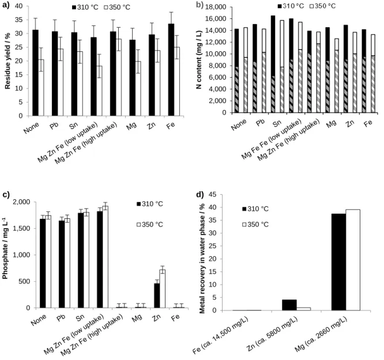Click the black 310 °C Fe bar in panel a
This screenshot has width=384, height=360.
click(171, 70)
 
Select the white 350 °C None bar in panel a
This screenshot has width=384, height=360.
click(41, 88)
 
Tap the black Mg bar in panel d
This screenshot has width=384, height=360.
click(338, 262)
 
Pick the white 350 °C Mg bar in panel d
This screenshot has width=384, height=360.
click(353, 260)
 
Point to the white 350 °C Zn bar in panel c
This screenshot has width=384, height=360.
click(163, 289)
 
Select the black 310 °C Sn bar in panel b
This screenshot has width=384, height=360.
click(273, 64)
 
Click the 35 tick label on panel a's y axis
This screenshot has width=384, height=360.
click(18, 20)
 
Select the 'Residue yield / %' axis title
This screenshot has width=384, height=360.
click(7, 61)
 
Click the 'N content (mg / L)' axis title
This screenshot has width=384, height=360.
click(199, 59)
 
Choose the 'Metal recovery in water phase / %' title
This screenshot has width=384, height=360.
click(202, 252)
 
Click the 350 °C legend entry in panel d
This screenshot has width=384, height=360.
click(255, 225)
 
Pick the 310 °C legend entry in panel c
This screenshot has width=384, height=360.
click(150, 204)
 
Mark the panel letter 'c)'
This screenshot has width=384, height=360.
click(6, 195)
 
